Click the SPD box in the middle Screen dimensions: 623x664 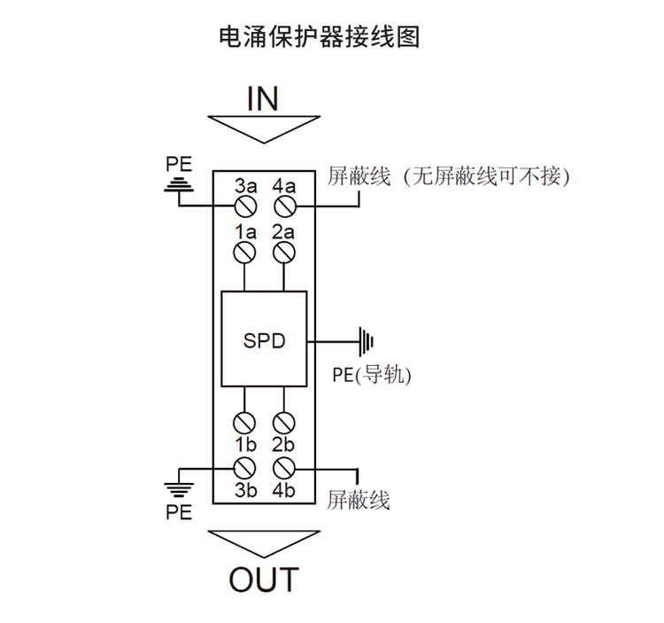265,339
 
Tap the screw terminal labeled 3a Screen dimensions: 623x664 246,206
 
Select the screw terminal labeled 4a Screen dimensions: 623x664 284,206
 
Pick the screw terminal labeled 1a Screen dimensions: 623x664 246,253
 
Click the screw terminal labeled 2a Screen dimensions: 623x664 284,253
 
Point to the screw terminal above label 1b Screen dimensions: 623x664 246,422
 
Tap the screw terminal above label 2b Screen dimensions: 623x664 284,422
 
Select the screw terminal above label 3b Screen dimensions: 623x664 246,466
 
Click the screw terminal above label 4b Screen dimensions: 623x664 284,466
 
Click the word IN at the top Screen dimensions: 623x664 263,97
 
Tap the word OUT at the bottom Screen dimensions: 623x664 264,580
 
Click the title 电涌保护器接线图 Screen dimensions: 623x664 319,37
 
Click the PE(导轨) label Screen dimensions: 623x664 372,375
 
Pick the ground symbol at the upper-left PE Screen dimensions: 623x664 179,185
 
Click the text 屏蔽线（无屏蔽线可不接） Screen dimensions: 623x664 447,175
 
